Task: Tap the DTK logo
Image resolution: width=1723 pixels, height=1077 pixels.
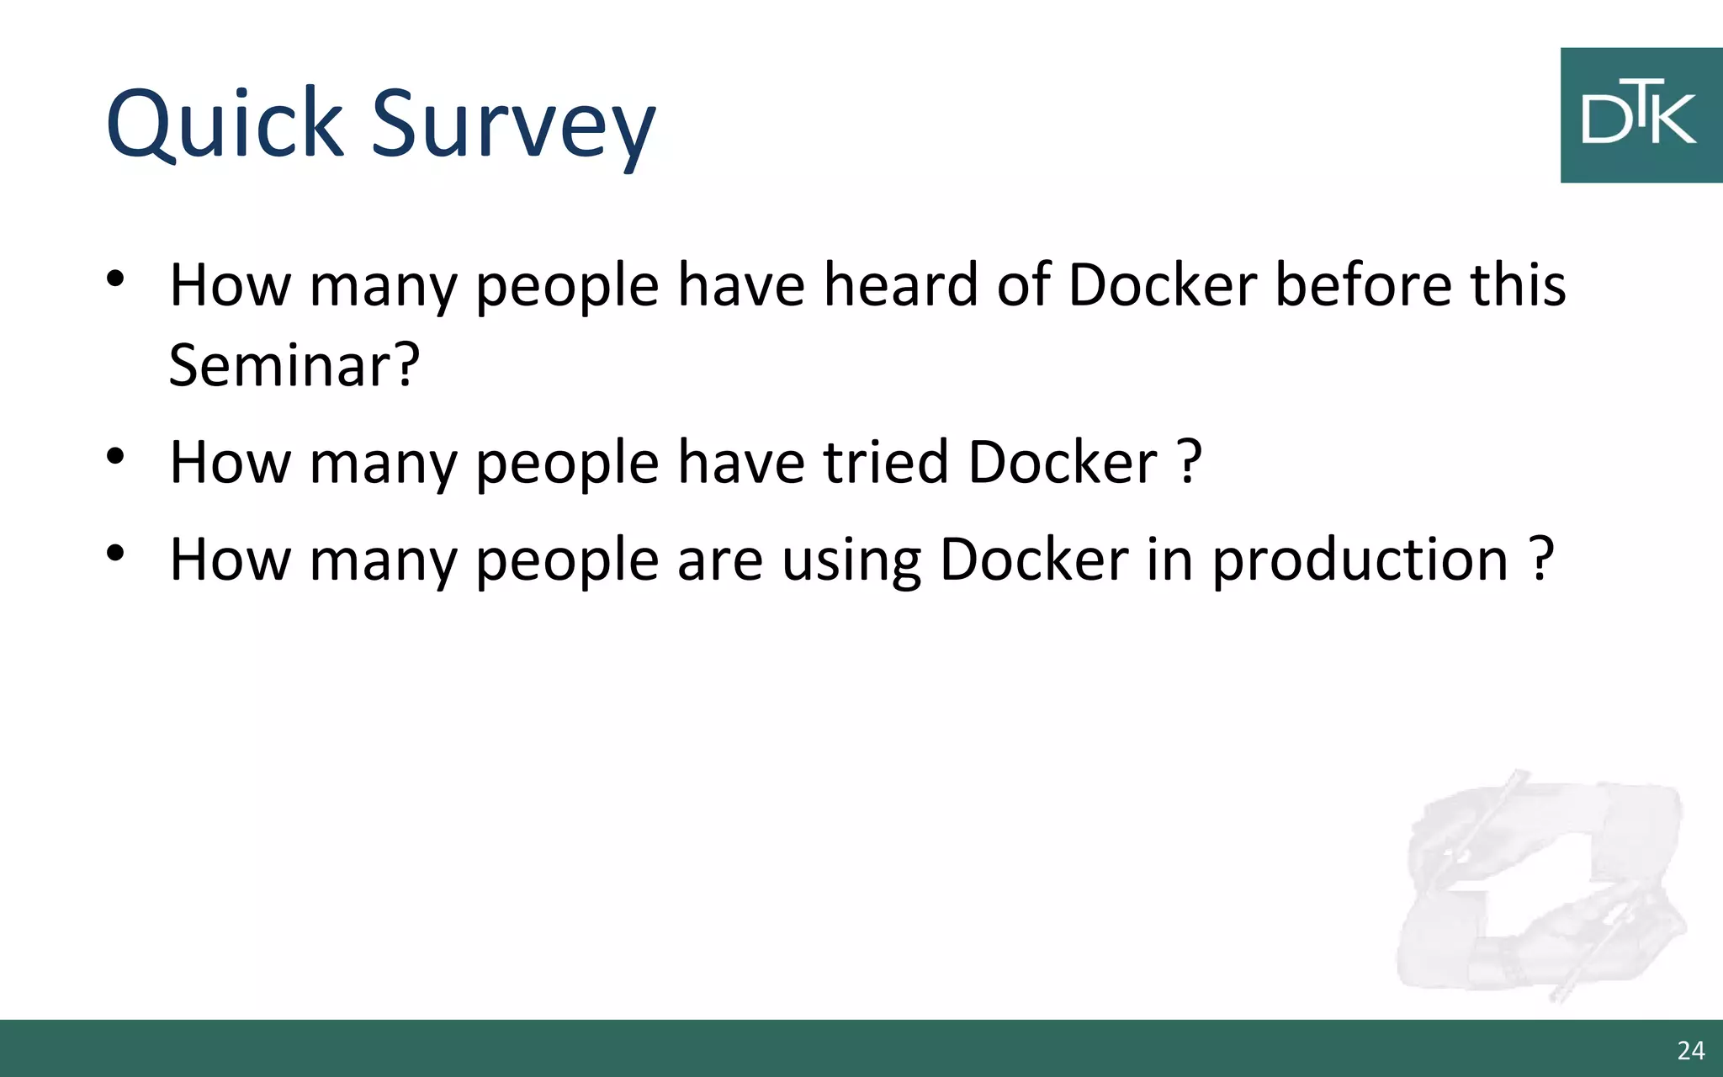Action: tap(1641, 115)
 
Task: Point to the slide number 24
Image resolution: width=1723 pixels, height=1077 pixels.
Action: tap(1690, 1050)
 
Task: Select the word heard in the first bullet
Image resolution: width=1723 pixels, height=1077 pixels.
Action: tap(900, 284)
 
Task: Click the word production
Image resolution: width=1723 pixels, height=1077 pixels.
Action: tap(1360, 560)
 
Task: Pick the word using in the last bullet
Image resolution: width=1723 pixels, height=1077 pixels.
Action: tap(851, 560)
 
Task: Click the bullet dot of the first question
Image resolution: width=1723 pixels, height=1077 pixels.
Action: tap(116, 278)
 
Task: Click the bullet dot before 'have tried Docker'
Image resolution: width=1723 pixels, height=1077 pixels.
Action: tap(116, 456)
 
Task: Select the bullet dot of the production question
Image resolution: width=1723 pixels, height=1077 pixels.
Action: tap(116, 553)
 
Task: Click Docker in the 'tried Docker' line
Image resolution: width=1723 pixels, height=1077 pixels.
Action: tap(1063, 462)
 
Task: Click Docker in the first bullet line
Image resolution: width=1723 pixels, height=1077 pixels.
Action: tap(1162, 284)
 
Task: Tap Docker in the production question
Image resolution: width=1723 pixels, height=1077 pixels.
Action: tap(1034, 560)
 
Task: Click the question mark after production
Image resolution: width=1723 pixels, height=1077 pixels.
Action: tap(1541, 560)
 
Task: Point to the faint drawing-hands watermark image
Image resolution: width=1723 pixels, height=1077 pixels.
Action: tap(1540, 888)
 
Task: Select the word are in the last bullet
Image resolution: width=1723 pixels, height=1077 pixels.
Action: tap(720, 560)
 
